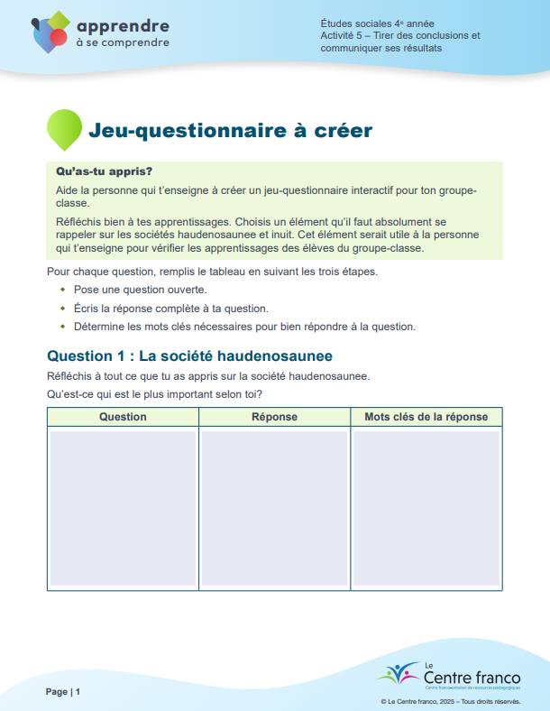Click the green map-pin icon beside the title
pyautogui.click(x=63, y=129)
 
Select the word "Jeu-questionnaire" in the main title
pyautogui.click(x=182, y=131)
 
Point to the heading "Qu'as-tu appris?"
pyautogui.click(x=104, y=171)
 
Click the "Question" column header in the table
pyautogui.click(x=123, y=417)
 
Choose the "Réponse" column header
pyautogui.click(x=274, y=417)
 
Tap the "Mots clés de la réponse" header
pyautogui.click(x=426, y=417)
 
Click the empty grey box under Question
pyautogui.click(x=123, y=507)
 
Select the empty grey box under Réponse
pyautogui.click(x=274, y=507)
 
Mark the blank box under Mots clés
pyautogui.click(x=426, y=507)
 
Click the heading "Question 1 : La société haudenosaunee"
pyautogui.click(x=189, y=355)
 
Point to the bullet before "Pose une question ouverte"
pyautogui.click(x=62, y=291)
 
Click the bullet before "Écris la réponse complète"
pyautogui.click(x=62, y=309)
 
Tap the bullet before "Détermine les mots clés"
pyautogui.click(x=62, y=327)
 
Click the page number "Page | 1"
pyautogui.click(x=64, y=691)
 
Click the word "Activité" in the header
pyautogui.click(x=339, y=35)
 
